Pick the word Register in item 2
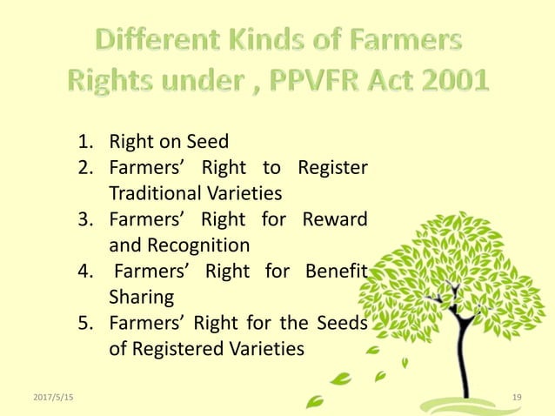pyautogui.click(x=332, y=167)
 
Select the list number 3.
pyautogui.click(x=85, y=218)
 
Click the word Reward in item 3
pyautogui.click(x=334, y=218)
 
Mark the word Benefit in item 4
pyautogui.click(x=337, y=270)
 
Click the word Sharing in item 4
pyautogui.click(x=141, y=296)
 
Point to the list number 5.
pyautogui.click(x=85, y=322)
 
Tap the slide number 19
pyautogui.click(x=517, y=397)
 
